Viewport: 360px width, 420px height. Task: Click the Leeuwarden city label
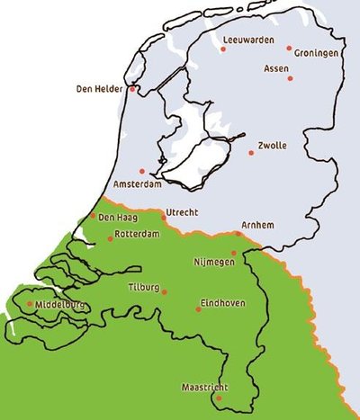[247, 40]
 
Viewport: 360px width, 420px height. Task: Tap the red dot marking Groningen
[289, 48]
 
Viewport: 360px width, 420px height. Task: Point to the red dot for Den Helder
[133, 89]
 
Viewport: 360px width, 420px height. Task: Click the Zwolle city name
[273, 144]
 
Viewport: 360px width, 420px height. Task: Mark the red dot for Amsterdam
[141, 171]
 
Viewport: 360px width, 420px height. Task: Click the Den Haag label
[118, 217]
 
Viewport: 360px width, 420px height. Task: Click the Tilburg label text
[144, 288]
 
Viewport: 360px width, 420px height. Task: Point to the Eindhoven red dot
[198, 308]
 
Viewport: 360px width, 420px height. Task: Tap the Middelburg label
[61, 305]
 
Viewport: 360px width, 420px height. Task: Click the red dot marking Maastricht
[219, 397]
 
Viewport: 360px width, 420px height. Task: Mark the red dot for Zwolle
[250, 152]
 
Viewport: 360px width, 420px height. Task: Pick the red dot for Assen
[290, 78]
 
